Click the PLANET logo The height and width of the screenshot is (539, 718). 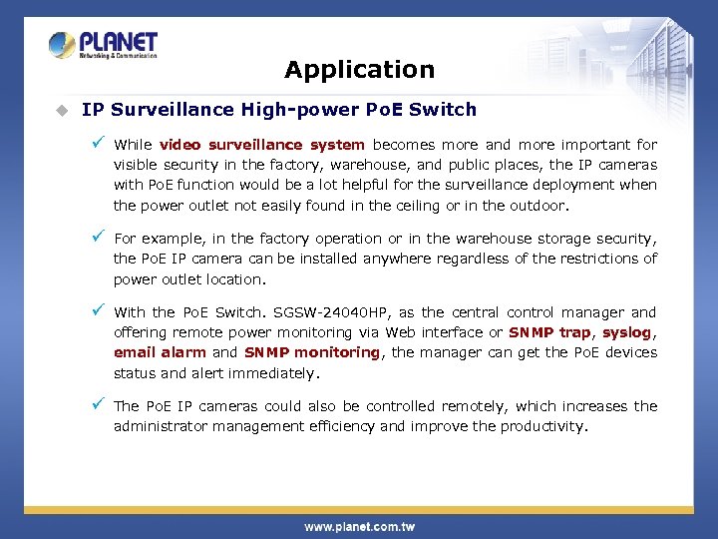(x=103, y=46)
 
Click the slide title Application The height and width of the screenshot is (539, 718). (x=359, y=70)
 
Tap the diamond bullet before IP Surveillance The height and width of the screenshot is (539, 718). (x=62, y=110)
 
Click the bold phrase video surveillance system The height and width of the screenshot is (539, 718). (x=261, y=145)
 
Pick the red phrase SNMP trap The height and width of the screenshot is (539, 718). (x=549, y=332)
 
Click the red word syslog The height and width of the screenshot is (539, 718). (x=627, y=332)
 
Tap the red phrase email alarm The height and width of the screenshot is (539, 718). (x=160, y=352)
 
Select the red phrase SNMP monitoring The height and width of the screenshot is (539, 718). (x=311, y=352)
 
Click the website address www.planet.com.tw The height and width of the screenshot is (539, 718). (x=359, y=526)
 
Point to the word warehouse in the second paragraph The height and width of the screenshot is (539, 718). (x=512, y=239)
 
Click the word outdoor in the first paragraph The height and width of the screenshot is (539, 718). (x=537, y=207)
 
